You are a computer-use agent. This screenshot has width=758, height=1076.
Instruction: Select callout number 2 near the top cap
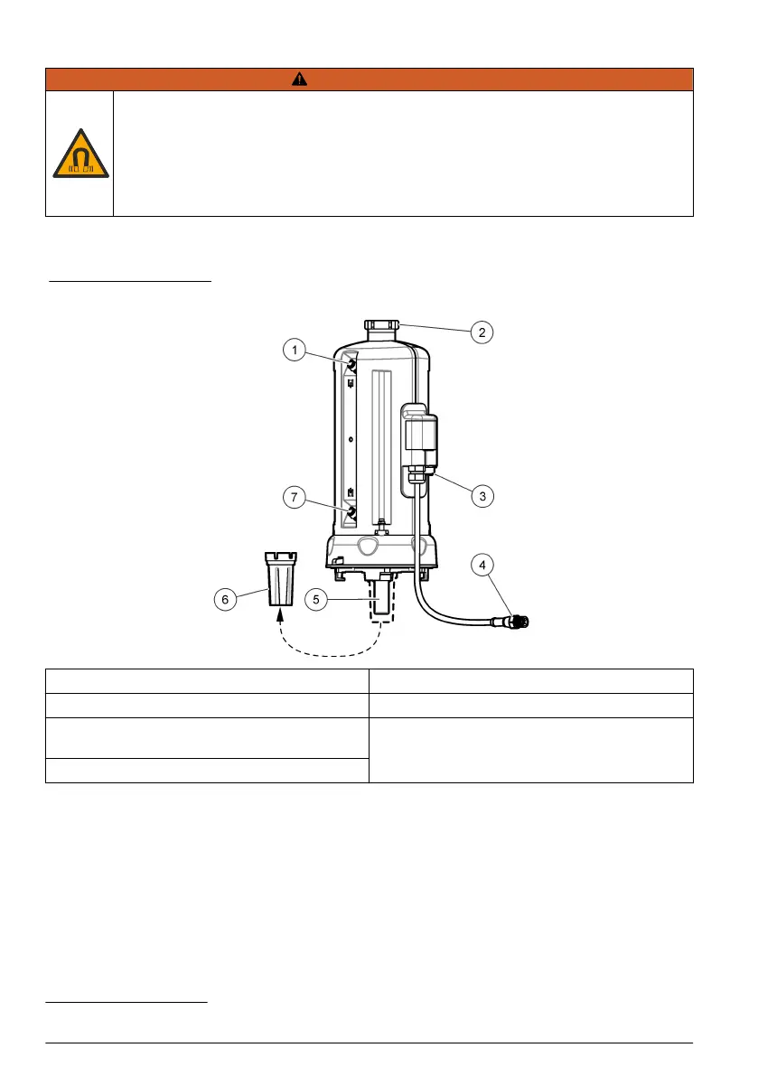[x=482, y=332]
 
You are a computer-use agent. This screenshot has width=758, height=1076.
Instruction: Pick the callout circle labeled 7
[x=294, y=497]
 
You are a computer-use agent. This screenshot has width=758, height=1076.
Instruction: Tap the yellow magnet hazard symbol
[x=80, y=153]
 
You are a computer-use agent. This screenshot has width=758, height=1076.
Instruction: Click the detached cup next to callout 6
[x=278, y=578]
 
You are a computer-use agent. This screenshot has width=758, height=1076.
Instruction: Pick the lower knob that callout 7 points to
[x=351, y=514]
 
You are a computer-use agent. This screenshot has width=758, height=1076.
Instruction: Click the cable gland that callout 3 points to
[x=416, y=477]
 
